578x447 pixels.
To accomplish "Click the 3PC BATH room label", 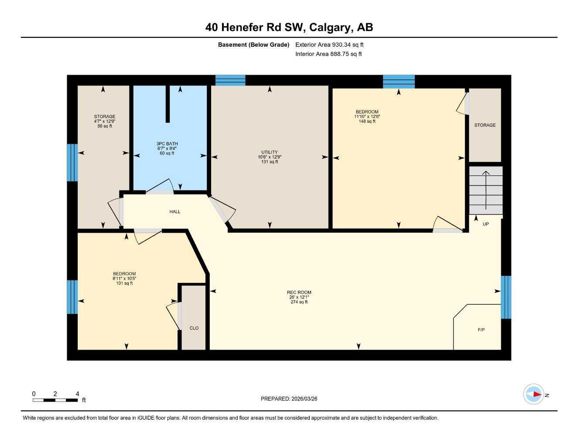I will (x=167, y=144).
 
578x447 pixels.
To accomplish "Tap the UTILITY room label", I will (x=270, y=152).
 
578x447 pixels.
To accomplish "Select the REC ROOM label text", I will (x=299, y=292).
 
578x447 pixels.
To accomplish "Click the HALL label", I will (x=175, y=212).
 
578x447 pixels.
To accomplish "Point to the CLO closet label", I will (x=194, y=328).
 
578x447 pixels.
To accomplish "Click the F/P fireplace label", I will (x=481, y=330).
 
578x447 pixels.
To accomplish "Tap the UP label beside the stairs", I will (x=486, y=224).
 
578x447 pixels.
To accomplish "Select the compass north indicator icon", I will (x=534, y=395).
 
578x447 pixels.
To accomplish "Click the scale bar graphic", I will (x=55, y=400).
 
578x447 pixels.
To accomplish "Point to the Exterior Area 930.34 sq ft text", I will (x=329, y=45).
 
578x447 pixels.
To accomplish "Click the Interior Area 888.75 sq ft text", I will (x=328, y=54).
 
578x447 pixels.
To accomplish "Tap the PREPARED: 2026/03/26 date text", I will (x=289, y=399).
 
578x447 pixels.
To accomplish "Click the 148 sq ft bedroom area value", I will (x=367, y=121).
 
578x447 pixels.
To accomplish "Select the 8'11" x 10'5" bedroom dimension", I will (x=124, y=279).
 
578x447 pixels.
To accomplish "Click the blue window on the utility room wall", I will (x=230, y=80).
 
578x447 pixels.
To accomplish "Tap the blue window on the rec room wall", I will (x=506, y=297).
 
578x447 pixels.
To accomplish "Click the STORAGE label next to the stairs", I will (x=485, y=125).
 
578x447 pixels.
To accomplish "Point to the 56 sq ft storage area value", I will (x=105, y=126).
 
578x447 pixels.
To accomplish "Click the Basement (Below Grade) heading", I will (x=253, y=45).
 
